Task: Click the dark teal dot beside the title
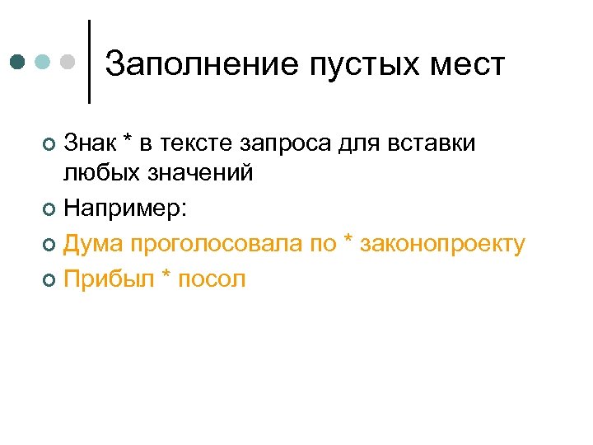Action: coord(18,62)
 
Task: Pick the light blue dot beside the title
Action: coord(43,62)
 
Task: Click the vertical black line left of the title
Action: coord(89,62)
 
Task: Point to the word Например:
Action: coord(125,209)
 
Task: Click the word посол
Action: coord(212,279)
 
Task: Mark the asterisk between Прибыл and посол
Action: coord(165,276)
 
